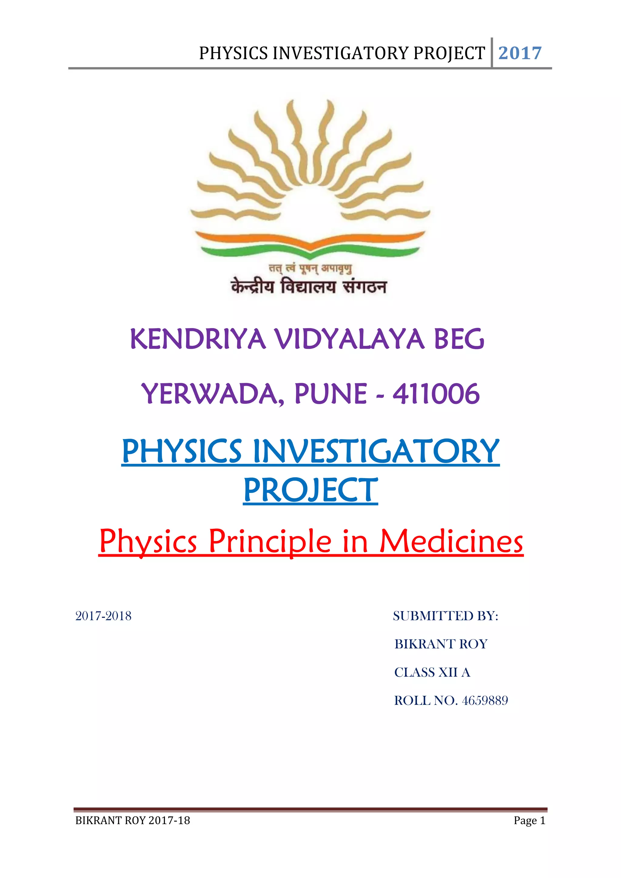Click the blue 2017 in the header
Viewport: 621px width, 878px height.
(x=520, y=53)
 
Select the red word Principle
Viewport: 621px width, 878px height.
(x=270, y=542)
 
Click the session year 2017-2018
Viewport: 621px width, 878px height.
(x=103, y=616)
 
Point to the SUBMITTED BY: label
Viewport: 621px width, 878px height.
(x=445, y=616)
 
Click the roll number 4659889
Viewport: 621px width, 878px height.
(x=485, y=701)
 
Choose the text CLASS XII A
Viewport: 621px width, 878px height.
(x=432, y=672)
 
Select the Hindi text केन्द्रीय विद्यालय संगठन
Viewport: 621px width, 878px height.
(x=308, y=287)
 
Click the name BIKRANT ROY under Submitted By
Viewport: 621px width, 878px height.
(x=441, y=644)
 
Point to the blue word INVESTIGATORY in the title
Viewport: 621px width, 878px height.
(x=376, y=452)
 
